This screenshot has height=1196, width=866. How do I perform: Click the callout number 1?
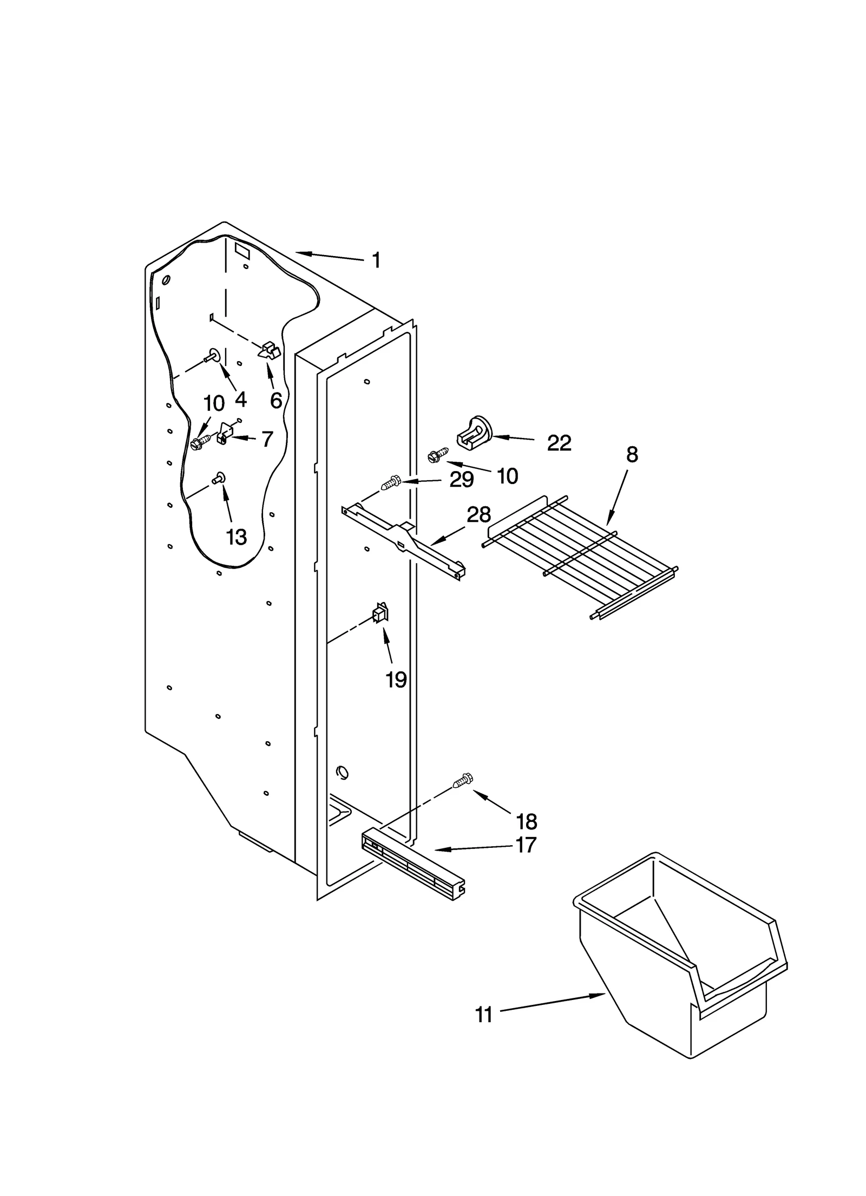tap(376, 260)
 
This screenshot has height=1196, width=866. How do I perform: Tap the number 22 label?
tap(559, 443)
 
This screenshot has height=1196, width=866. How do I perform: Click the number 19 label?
tap(396, 679)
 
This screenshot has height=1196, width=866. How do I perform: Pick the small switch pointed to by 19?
tap(380, 613)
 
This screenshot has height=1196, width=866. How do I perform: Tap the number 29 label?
tap(461, 479)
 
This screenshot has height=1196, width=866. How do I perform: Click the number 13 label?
tap(237, 537)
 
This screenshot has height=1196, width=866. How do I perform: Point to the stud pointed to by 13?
tap(219, 478)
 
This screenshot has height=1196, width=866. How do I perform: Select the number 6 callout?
tap(275, 401)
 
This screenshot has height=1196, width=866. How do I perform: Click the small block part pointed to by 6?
tap(270, 350)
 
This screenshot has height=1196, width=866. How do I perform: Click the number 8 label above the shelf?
tap(632, 455)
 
